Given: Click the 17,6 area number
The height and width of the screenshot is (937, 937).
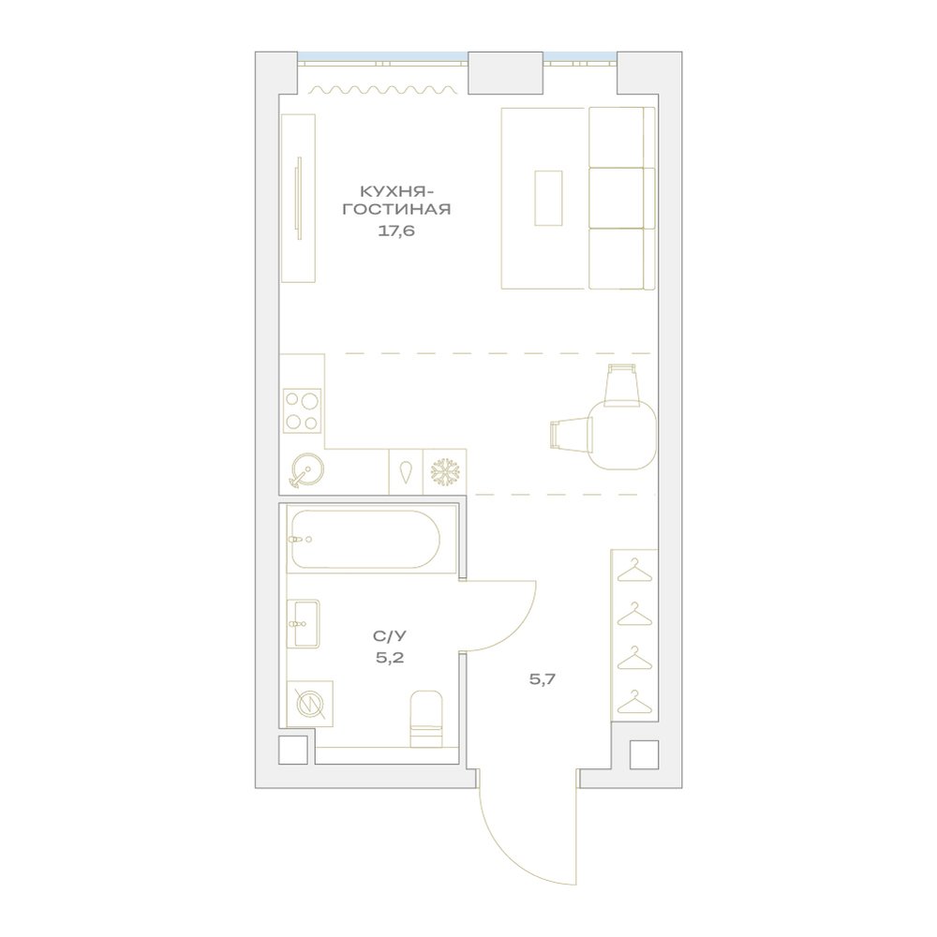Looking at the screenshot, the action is click(x=396, y=231).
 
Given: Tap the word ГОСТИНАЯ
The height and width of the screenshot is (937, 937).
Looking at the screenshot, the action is click(x=396, y=210).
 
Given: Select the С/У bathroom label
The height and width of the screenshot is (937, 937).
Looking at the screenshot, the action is click(x=390, y=636).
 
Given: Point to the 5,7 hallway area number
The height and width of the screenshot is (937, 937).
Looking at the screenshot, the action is click(x=543, y=678).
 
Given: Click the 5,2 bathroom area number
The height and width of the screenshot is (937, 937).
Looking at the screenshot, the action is click(x=390, y=658).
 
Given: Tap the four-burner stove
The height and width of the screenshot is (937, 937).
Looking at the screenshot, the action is click(x=302, y=410).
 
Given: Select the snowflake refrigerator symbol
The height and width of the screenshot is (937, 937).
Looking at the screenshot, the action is click(x=445, y=472).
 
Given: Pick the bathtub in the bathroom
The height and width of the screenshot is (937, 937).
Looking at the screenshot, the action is click(x=365, y=539).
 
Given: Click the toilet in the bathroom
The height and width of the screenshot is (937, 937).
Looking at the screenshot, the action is click(x=426, y=719).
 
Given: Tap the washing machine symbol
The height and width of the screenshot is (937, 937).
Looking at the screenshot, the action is click(x=311, y=704).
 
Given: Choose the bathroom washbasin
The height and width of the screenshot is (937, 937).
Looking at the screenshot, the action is click(x=304, y=624).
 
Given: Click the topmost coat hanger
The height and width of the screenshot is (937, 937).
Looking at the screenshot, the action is click(x=634, y=570).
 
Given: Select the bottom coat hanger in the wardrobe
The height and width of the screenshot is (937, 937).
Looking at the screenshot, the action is click(x=634, y=702).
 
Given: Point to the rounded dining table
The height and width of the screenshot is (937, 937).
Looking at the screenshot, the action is click(x=621, y=436).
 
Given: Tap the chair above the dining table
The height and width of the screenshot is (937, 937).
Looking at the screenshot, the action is click(x=621, y=385).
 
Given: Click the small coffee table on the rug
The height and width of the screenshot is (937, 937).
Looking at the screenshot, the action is click(x=548, y=198).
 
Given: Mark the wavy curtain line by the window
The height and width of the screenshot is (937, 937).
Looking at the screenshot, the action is click(x=383, y=90).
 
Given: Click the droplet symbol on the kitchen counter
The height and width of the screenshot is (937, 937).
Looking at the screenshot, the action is click(x=407, y=472).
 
